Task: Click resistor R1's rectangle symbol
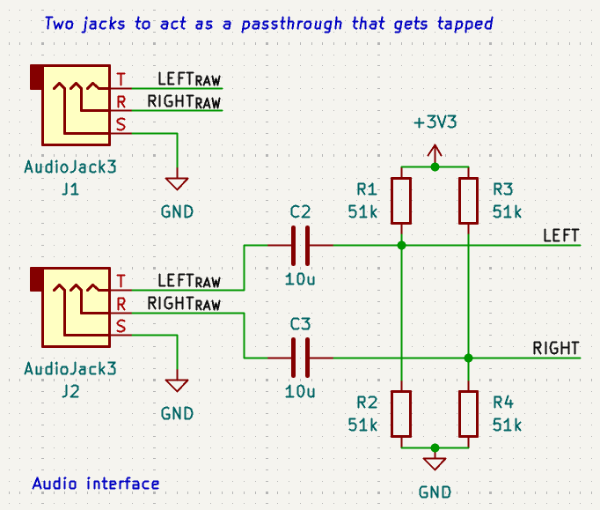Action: coord(401,200)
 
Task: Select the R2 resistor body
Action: coord(401,413)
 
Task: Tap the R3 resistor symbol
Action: coord(468,200)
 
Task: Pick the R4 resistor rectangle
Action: coord(468,413)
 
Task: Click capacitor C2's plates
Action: coord(300,245)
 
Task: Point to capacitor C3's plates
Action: coord(300,358)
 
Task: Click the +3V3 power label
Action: coord(435,123)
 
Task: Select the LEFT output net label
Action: coord(560,235)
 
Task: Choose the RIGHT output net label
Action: coord(555,348)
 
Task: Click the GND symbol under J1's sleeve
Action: coord(177,183)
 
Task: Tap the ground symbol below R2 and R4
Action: coord(435,463)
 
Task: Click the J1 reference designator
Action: coord(70,188)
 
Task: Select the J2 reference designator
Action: coord(70,390)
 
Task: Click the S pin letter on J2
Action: coord(121,327)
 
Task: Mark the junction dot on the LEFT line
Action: coord(401,245)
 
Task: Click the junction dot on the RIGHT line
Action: coord(468,358)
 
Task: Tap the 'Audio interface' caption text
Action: coord(95,484)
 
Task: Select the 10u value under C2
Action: coord(300,279)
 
